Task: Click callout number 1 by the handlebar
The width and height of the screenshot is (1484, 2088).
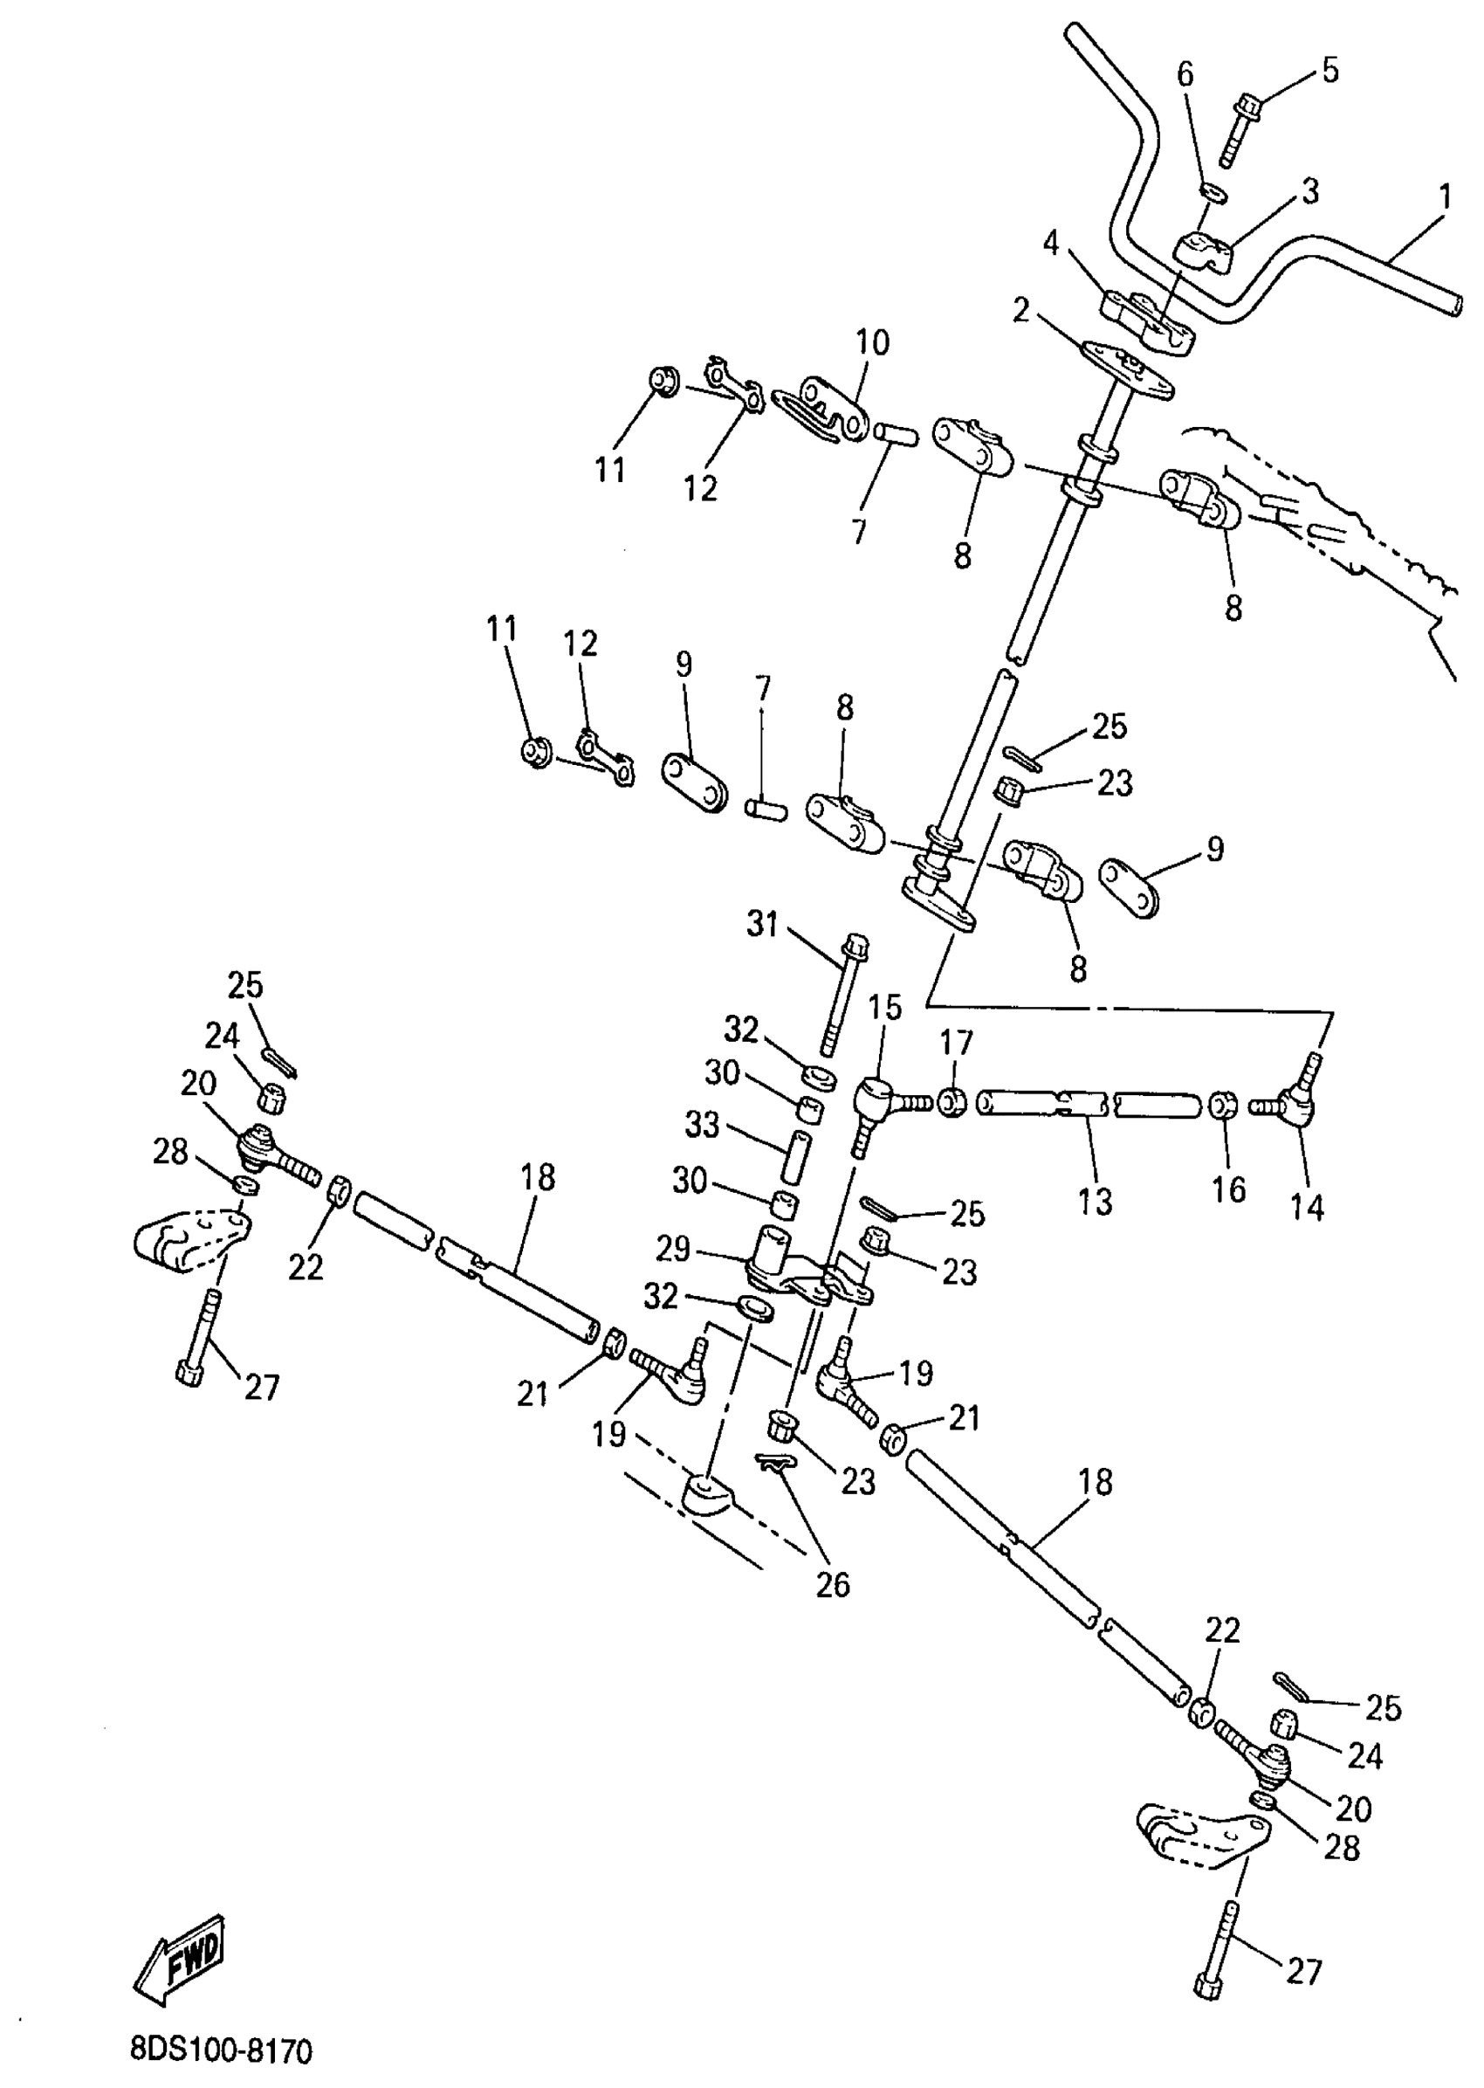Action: pyautogui.click(x=1445, y=196)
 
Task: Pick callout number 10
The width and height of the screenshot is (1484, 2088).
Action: pyautogui.click(x=872, y=343)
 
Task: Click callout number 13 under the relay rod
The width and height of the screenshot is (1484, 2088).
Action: pyautogui.click(x=1095, y=1202)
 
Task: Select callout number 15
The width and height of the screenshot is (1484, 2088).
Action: pyautogui.click(x=884, y=1008)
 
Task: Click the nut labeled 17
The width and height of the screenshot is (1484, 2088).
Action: pyautogui.click(x=952, y=1101)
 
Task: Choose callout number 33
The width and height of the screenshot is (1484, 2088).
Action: pyautogui.click(x=702, y=1126)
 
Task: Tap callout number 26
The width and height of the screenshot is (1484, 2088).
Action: pyautogui.click(x=833, y=1584)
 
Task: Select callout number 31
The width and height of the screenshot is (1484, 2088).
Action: pyautogui.click(x=762, y=924)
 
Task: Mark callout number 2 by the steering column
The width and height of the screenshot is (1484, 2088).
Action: pyautogui.click(x=1020, y=311)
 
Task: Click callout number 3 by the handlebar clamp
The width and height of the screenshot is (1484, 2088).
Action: pyautogui.click(x=1309, y=191)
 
